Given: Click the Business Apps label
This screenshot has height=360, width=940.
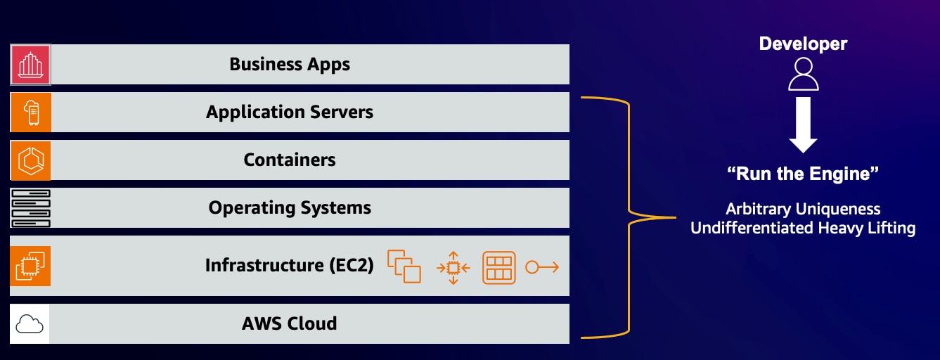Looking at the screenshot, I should coord(289,65).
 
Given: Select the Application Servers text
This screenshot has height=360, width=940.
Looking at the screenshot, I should coord(289,112).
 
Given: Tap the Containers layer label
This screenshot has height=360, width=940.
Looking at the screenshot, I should coord(289,160).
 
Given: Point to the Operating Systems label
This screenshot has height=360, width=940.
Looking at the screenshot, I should coord(289,208).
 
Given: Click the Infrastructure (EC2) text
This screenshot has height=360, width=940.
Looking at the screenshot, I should coord(289,266).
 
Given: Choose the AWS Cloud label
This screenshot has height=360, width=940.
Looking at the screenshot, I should coord(289,323).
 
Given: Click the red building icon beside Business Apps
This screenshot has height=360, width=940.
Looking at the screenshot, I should coord(30,65).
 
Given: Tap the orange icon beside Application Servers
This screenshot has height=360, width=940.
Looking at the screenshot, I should coord(30,112).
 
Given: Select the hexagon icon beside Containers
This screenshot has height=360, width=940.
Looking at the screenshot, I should coord(30,160).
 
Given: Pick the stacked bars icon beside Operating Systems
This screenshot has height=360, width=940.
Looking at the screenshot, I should coord(30,208).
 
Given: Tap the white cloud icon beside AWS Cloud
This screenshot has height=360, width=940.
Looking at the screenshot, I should coord(30,324).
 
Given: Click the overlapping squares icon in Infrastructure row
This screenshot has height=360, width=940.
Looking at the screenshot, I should coord(404,266).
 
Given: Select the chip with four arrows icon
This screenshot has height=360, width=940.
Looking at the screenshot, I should coord(453,267).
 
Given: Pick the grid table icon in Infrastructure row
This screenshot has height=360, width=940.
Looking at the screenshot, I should coord(499,267).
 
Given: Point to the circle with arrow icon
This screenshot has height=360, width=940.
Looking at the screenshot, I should coord(542,267).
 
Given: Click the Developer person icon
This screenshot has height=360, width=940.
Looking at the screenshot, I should coord(803,74).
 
